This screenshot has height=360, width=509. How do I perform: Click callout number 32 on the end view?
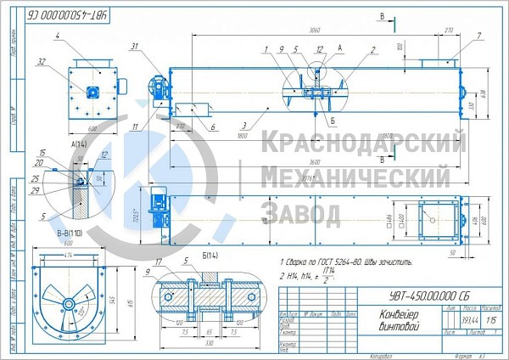pos(42,61)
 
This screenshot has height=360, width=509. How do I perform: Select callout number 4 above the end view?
pos(56,36)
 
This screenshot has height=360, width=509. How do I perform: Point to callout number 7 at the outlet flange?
pos(478,36)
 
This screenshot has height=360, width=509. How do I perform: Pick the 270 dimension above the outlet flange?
pos(449,30)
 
